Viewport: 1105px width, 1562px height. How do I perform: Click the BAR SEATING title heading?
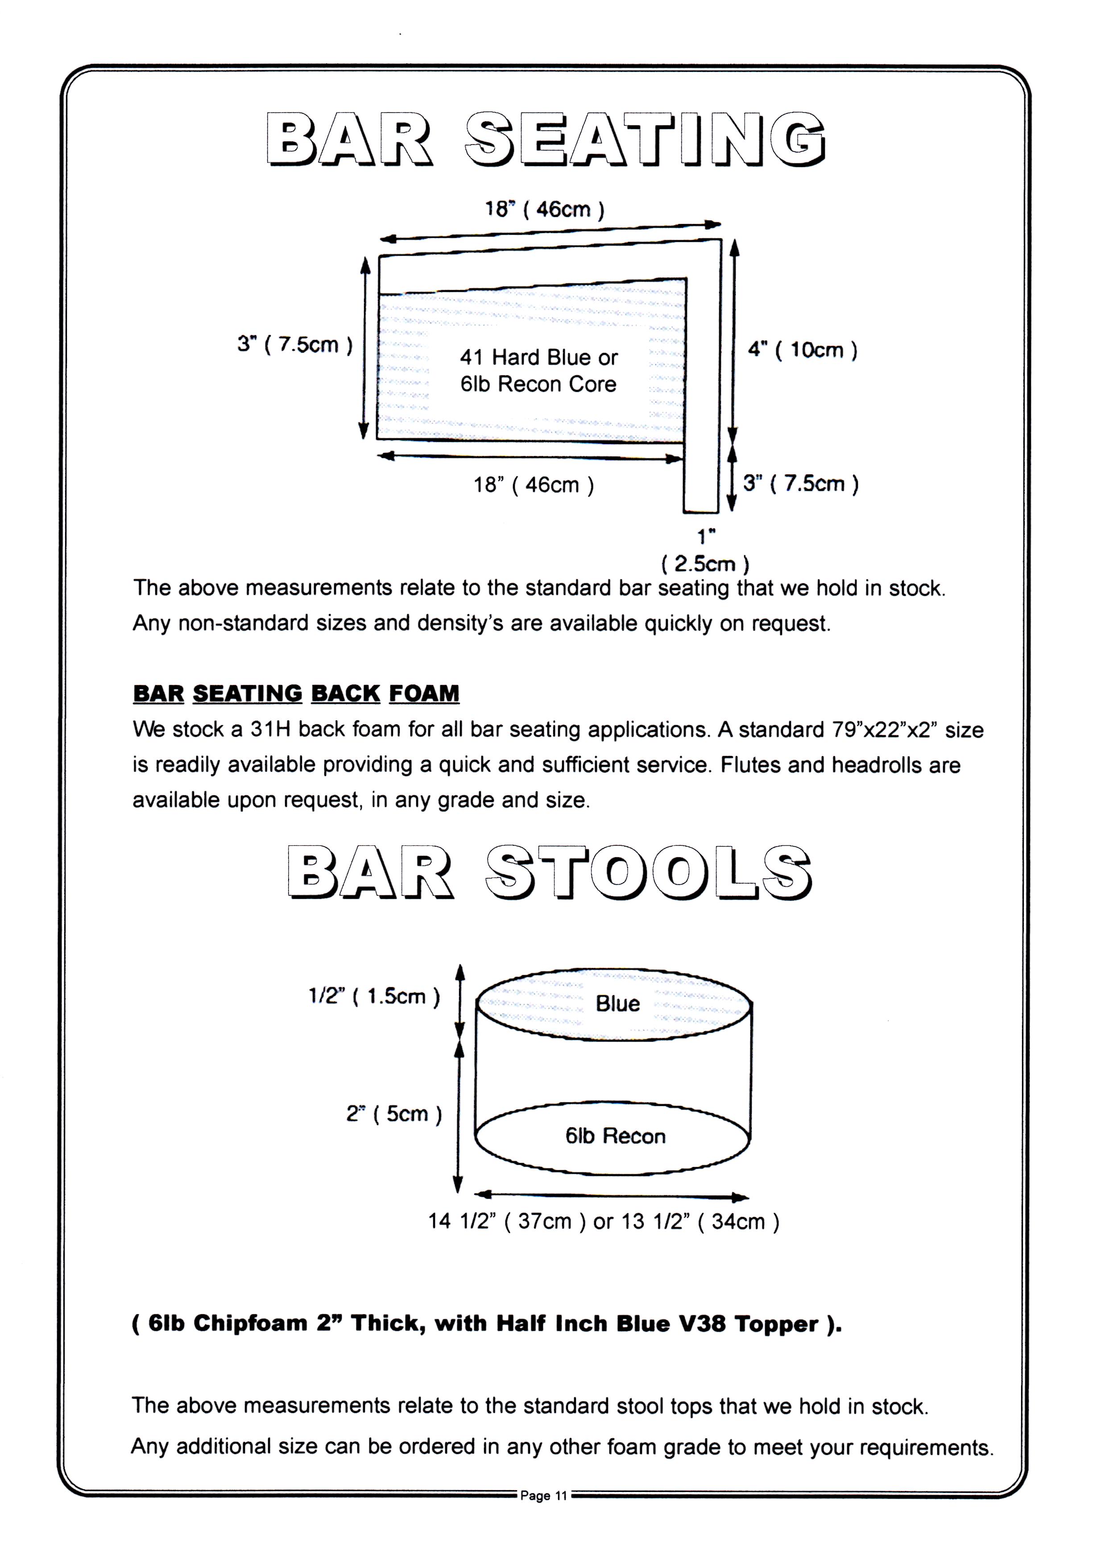pyautogui.click(x=546, y=140)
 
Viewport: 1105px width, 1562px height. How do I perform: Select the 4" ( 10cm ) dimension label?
pyautogui.click(x=803, y=350)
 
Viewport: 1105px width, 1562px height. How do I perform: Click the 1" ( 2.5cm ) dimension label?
pyautogui.click(x=706, y=550)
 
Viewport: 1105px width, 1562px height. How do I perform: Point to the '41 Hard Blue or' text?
pyautogui.click(x=539, y=357)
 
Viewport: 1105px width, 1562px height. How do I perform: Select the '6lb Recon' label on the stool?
pyautogui.click(x=615, y=1136)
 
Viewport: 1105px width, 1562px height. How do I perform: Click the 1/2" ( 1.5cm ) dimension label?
pyautogui.click(x=374, y=997)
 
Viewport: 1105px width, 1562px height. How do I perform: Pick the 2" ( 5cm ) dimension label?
pyautogui.click(x=394, y=1114)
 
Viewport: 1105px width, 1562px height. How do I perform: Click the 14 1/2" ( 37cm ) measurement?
pyautogui.click(x=507, y=1221)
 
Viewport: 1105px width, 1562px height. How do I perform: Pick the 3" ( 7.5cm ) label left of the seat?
pyautogui.click(x=294, y=345)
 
